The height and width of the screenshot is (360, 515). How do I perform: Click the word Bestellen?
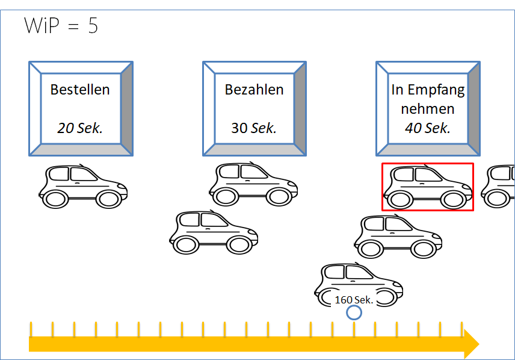click(80, 90)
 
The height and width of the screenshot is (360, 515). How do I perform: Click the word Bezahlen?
click(254, 90)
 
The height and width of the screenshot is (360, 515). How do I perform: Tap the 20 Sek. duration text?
click(80, 128)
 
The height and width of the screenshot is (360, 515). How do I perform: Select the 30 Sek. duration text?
click(254, 128)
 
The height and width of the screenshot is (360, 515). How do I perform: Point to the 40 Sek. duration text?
click(428, 128)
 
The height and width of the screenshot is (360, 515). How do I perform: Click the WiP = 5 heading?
click(61, 26)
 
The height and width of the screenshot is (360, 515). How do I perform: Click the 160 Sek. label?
click(354, 299)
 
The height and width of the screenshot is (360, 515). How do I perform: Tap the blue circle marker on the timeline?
click(354, 312)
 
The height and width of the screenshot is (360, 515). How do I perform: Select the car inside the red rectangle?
click(428, 187)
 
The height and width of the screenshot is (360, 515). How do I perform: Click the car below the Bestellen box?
click(83, 187)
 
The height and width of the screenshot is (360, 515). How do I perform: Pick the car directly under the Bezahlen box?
click(253, 184)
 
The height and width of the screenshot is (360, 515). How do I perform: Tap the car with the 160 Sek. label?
click(359, 284)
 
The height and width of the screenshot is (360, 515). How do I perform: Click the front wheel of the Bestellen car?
click(109, 199)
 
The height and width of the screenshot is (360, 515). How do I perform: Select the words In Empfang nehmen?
click(428, 100)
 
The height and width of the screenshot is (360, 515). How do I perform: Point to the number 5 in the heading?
click(93, 26)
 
